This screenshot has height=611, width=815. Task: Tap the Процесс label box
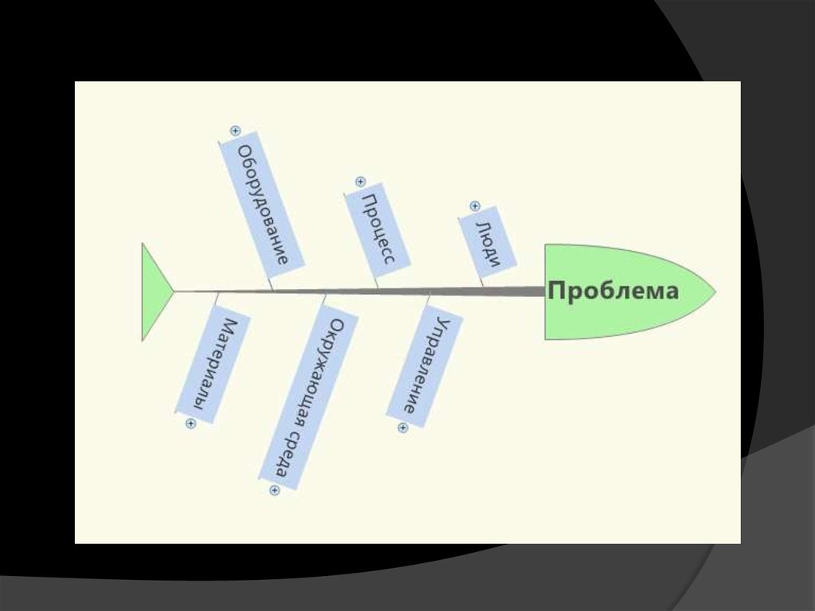click(378, 228)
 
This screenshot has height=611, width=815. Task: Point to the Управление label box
click(424, 366)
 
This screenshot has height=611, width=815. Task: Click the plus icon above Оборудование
click(235, 131)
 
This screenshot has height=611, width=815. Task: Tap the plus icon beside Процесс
click(361, 182)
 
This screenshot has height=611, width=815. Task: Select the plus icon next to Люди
click(475, 206)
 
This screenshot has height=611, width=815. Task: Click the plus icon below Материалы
click(190, 424)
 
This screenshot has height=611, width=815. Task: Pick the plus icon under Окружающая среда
click(275, 491)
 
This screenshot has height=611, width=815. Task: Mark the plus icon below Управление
click(403, 428)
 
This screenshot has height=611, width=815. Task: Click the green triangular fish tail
click(154, 292)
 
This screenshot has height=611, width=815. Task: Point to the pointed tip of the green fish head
click(713, 292)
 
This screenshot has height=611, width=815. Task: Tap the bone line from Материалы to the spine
click(216, 299)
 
